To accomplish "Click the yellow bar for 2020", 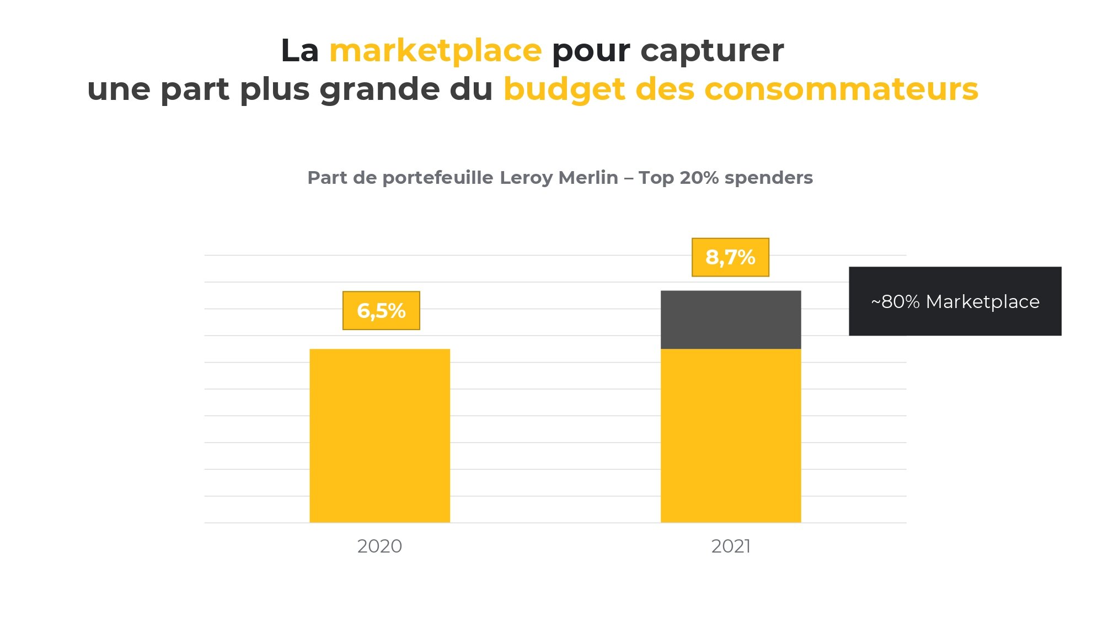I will click(379, 436).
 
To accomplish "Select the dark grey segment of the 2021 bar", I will click(731, 320).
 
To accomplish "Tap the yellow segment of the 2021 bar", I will click(731, 436).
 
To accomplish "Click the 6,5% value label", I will click(381, 311).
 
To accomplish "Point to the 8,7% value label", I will click(730, 257).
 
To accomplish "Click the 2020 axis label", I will click(379, 546).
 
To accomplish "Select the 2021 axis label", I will click(731, 546).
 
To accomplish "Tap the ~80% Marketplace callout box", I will click(955, 301).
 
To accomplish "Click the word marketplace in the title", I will click(436, 51).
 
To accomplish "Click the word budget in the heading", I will click(564, 90).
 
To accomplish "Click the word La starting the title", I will click(300, 51).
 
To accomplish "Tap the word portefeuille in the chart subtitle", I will click(438, 178).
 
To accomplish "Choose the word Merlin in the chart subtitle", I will click(588, 178).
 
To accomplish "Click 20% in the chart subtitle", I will click(699, 178).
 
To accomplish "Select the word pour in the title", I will click(591, 52).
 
